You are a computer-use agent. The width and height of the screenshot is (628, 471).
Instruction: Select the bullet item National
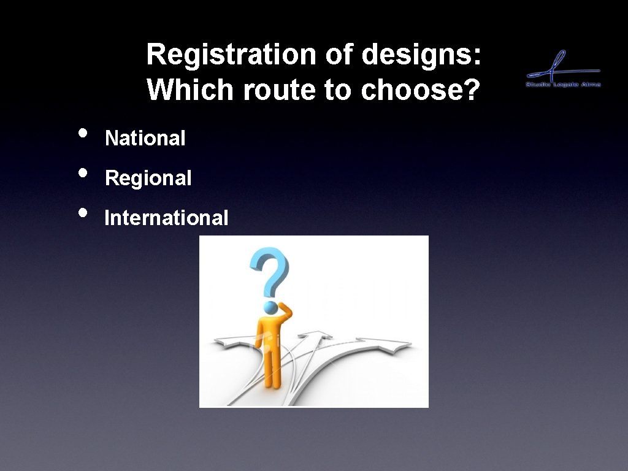[x=145, y=139]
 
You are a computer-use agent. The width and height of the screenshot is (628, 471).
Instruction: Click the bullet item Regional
[x=148, y=178]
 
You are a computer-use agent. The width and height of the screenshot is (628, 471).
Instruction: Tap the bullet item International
[x=166, y=218]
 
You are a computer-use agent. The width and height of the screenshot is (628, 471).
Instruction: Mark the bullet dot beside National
[x=83, y=133]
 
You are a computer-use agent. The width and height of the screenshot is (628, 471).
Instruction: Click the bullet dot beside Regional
[x=83, y=173]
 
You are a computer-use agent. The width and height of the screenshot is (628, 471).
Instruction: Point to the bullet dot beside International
[x=83, y=212]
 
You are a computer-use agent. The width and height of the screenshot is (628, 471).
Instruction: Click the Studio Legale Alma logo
[x=563, y=70]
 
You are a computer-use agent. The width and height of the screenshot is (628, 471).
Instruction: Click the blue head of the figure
[x=270, y=307]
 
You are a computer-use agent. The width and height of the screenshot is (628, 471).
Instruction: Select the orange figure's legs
[x=273, y=368]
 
